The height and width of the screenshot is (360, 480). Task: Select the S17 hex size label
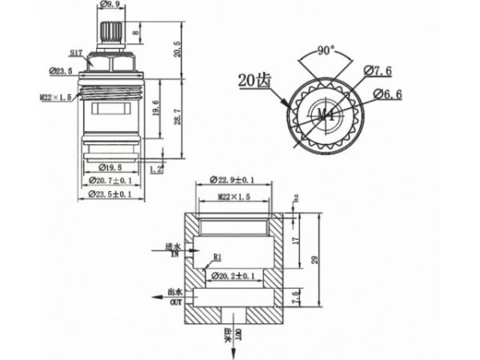click(77, 53)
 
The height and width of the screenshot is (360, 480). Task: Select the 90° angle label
click(325, 50)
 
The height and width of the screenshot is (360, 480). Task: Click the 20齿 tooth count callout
click(254, 80)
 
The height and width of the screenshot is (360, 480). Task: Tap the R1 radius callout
click(216, 258)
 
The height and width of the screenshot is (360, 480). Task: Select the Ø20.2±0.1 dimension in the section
click(233, 276)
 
